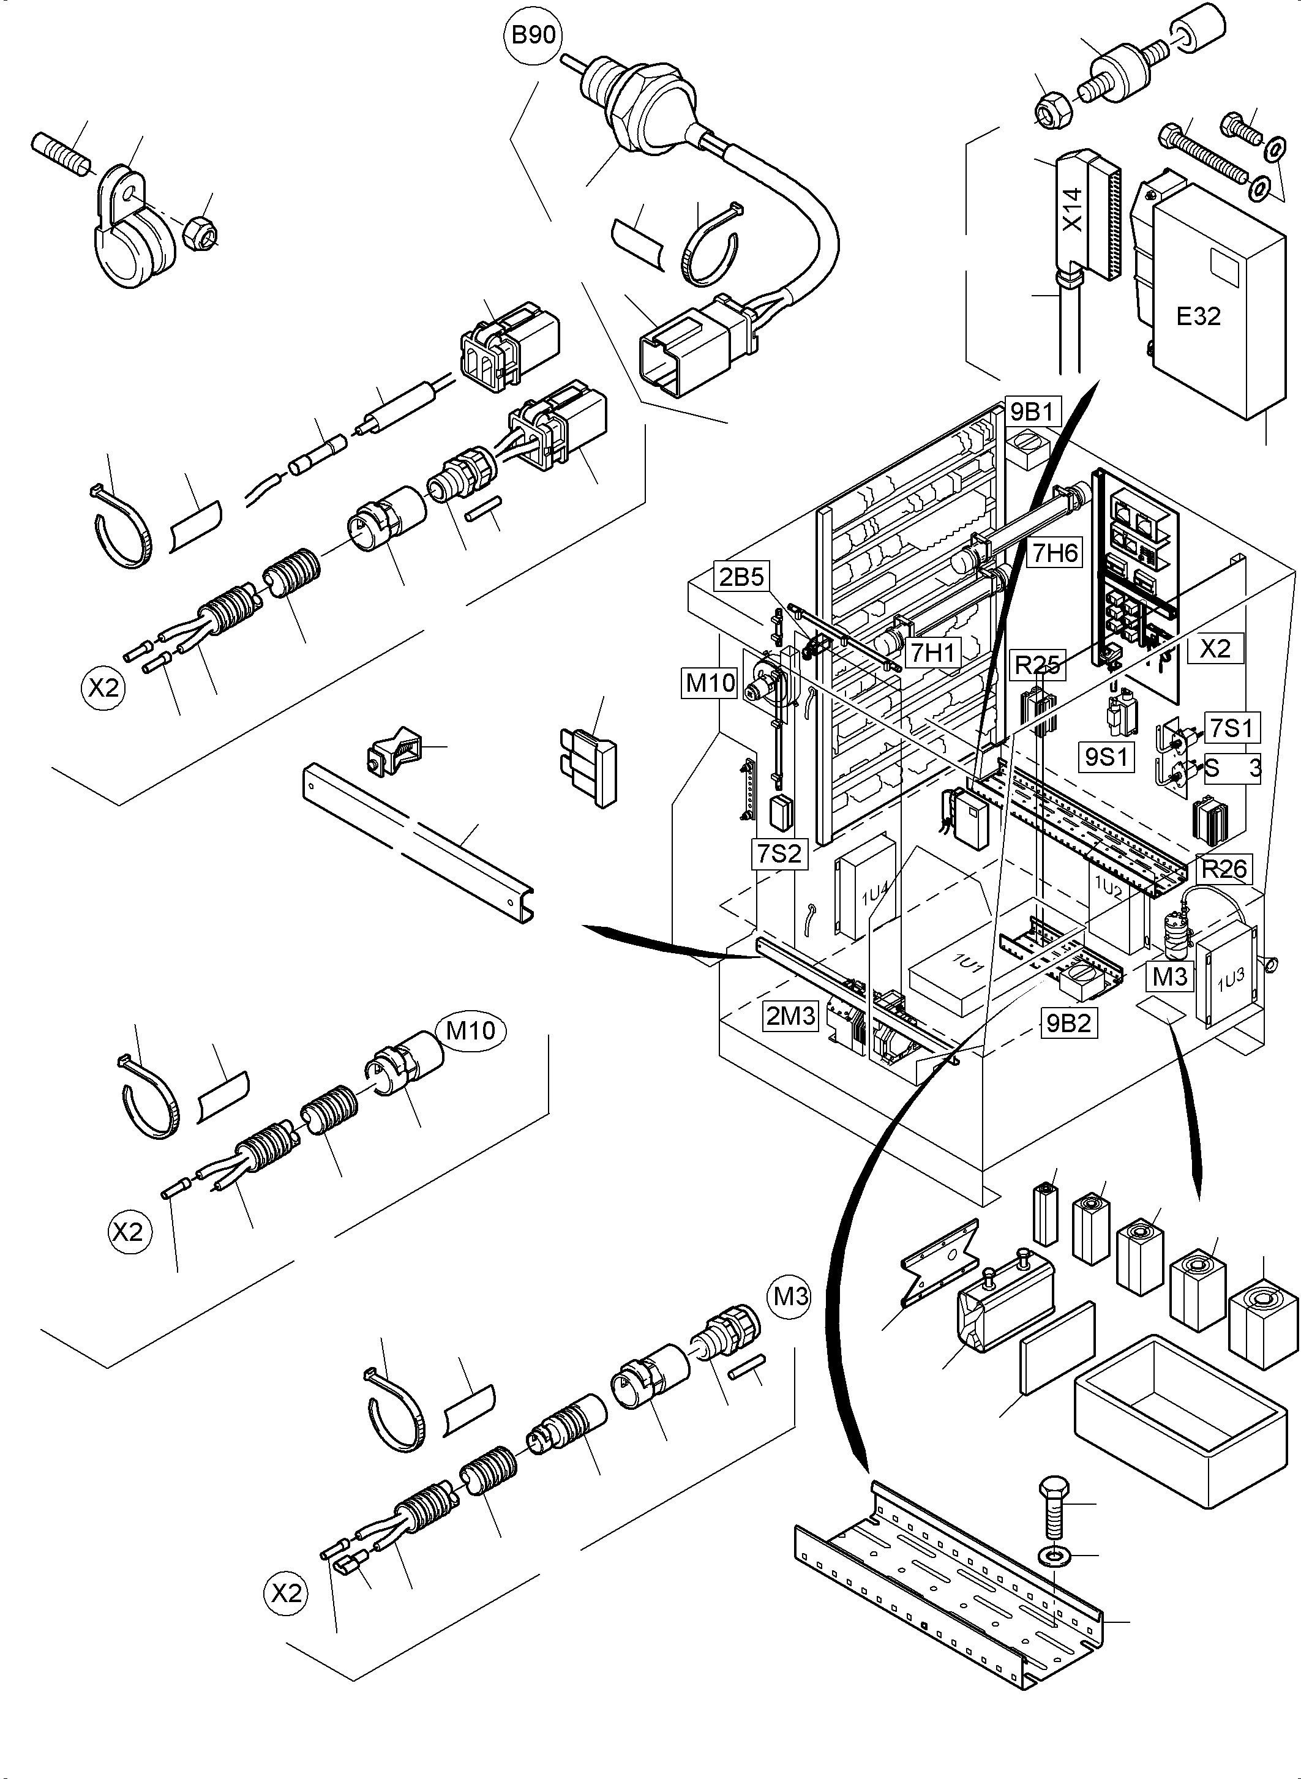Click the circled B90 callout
tap(534, 36)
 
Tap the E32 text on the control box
tap(1198, 316)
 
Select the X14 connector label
tap(1073, 209)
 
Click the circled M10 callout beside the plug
tap(471, 1030)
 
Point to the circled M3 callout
tap(790, 1295)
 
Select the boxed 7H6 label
tap(1054, 553)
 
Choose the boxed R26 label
tap(1224, 869)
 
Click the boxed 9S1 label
tap(1106, 757)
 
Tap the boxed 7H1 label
tap(933, 652)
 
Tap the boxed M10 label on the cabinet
tap(710, 683)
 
